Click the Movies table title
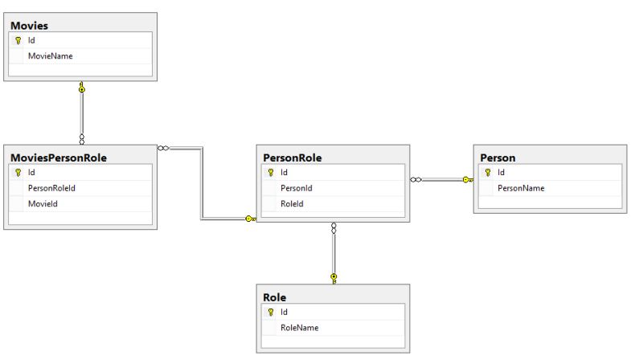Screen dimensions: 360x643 coord(29,26)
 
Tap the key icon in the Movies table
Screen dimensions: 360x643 coord(18,40)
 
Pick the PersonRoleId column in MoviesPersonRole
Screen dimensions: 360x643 coord(51,188)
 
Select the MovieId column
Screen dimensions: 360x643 coord(43,204)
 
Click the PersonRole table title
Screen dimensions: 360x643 coord(293,157)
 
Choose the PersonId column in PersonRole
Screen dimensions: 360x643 coord(296,188)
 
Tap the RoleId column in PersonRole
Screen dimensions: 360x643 coord(292,204)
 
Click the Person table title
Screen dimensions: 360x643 coord(498,157)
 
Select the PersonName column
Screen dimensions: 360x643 coord(521,188)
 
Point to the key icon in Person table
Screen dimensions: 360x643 coord(488,172)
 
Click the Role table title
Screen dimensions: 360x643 coord(274,297)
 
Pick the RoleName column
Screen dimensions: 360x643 coord(300,328)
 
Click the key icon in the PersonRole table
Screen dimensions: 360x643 coord(271,172)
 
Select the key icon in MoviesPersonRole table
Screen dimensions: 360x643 coord(18,172)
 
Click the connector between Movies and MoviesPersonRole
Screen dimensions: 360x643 coord(81,112)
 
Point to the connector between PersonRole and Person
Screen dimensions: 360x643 coord(442,180)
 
